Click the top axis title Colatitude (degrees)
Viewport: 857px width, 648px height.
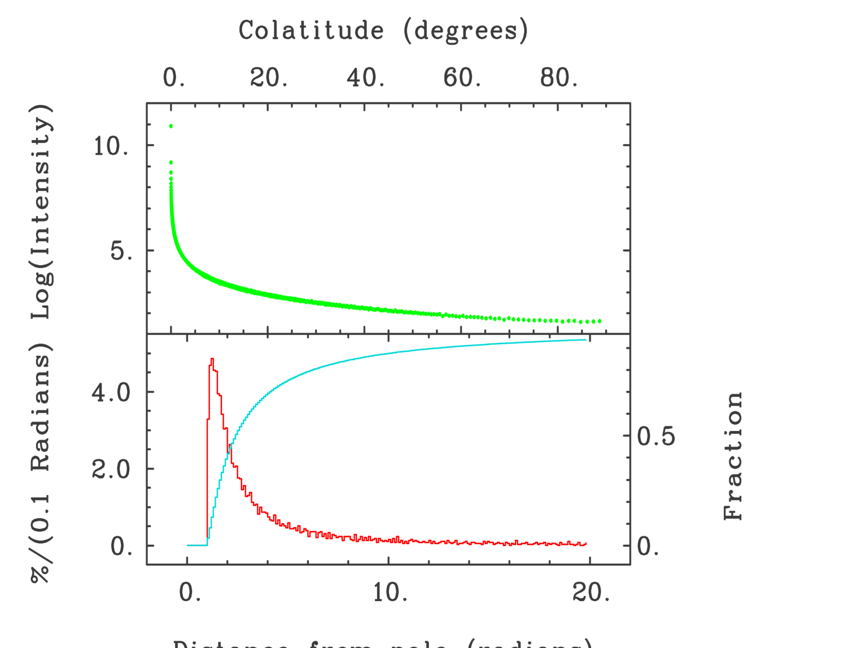click(383, 31)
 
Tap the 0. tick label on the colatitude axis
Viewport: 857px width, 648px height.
click(174, 77)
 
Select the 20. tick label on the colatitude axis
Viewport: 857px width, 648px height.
click(269, 77)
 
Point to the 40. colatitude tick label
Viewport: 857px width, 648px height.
click(366, 77)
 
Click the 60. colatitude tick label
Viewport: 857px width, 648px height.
click(462, 77)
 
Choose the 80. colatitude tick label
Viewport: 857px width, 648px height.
click(559, 77)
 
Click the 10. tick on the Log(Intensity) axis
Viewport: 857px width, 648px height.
click(111, 146)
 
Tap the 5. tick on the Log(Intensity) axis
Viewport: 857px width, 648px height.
click(121, 251)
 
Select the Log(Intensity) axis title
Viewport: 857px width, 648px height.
click(42, 211)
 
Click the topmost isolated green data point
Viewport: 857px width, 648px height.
click(171, 126)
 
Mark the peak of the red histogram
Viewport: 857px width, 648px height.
click(212, 359)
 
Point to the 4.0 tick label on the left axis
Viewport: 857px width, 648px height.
click(111, 392)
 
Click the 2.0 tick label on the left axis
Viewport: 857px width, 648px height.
click(111, 469)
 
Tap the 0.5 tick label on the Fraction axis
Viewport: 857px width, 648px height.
click(656, 436)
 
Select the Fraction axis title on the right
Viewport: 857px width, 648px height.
click(733, 455)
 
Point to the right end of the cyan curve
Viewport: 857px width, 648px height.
click(587, 340)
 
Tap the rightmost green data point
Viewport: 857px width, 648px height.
click(599, 321)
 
